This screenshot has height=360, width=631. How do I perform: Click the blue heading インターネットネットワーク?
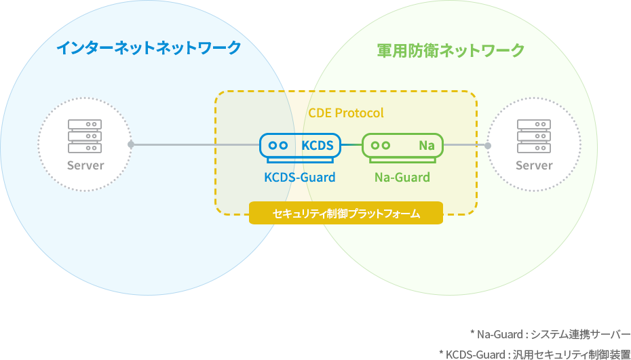[x=149, y=48]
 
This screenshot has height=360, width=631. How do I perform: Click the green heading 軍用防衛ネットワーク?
[x=451, y=50]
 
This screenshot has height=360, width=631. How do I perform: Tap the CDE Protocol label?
[x=346, y=113]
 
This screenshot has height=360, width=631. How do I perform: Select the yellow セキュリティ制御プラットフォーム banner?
[x=346, y=213]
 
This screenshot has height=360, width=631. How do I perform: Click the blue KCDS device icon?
[x=300, y=148]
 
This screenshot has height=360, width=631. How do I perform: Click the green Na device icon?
[x=402, y=148]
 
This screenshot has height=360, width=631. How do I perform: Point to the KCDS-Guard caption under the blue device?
[x=300, y=177]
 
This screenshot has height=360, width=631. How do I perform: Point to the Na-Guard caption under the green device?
[x=402, y=177]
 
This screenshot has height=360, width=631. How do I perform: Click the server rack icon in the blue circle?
[x=85, y=136]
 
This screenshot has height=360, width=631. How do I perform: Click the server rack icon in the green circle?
[x=533, y=136]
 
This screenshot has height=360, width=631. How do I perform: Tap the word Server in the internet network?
[x=85, y=165]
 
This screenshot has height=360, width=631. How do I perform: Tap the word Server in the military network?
[x=534, y=165]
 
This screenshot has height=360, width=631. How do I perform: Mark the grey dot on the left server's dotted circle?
[x=131, y=144]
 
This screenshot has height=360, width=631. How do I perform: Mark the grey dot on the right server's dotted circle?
[x=488, y=146]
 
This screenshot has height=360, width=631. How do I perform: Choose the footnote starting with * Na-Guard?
[x=550, y=334]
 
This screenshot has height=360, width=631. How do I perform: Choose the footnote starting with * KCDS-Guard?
[x=535, y=354]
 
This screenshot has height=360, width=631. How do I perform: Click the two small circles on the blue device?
[x=278, y=145]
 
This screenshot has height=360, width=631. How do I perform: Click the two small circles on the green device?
[x=381, y=145]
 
